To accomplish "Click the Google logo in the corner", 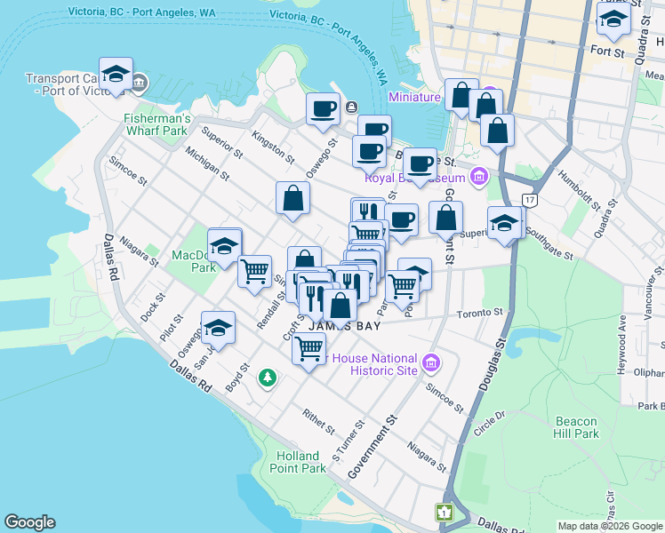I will (x=29, y=522).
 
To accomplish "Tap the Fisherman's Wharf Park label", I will (x=157, y=124).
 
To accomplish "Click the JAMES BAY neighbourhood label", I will (x=344, y=327).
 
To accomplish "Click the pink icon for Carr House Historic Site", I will (x=431, y=363).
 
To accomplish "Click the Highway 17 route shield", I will (x=530, y=201).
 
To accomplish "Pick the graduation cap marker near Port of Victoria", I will (x=116, y=75).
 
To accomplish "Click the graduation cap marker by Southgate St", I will (x=504, y=223).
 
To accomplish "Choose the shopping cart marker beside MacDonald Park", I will (x=255, y=270).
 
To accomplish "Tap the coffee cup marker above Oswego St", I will (x=323, y=109).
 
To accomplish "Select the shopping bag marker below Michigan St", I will (x=292, y=199).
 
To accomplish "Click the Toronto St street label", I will (x=480, y=314).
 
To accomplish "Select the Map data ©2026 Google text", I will (x=609, y=526).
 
